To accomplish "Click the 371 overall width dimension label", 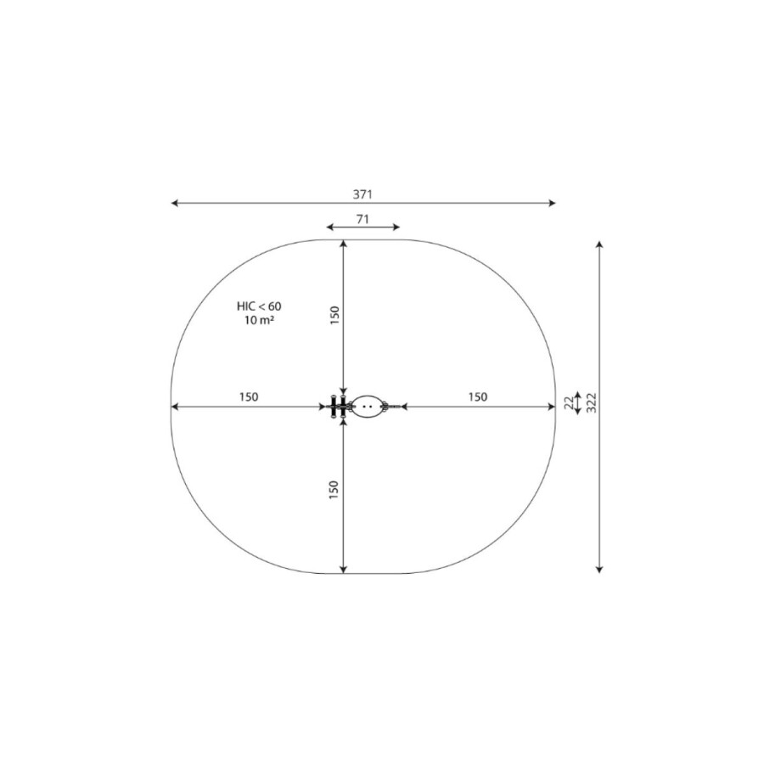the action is coord(362,194).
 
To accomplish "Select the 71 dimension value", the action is coord(362,219).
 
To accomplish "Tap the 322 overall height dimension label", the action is coord(591,402).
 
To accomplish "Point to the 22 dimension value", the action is coord(569,403).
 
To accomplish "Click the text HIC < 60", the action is coord(259,306).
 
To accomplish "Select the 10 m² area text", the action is coord(259,320).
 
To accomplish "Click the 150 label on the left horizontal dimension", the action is coord(249,397).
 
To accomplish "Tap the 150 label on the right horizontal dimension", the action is coord(477,397).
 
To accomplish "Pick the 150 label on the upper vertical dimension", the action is coord(334,316).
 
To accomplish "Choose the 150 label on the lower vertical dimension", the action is coord(334,490).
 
